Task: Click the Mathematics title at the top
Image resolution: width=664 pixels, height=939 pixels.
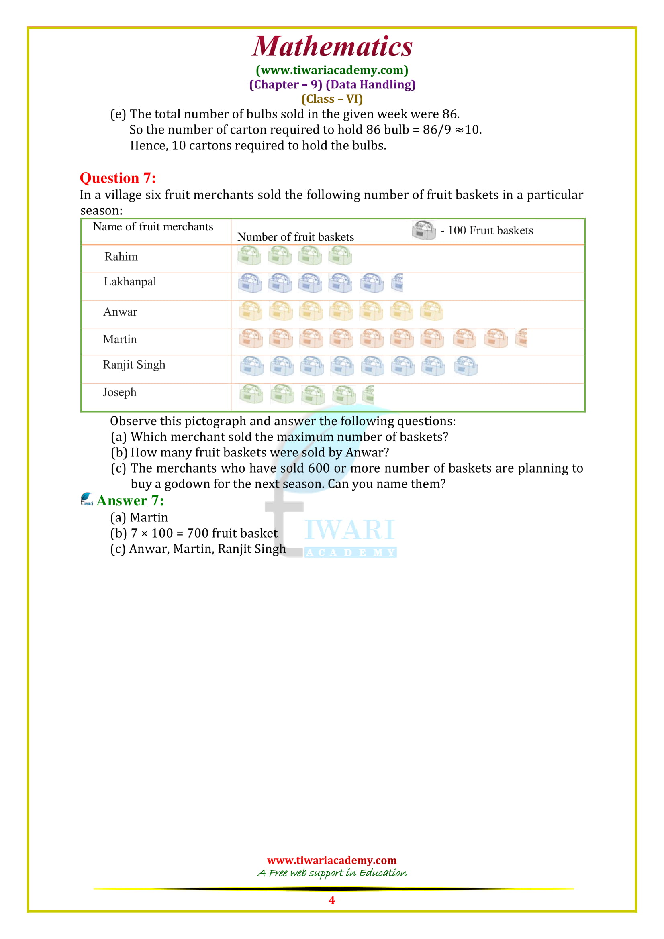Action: coord(332,46)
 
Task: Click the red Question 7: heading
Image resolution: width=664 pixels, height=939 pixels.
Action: coord(118,178)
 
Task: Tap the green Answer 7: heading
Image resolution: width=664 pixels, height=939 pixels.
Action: coord(130,500)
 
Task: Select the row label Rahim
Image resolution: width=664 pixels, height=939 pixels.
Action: coord(121,257)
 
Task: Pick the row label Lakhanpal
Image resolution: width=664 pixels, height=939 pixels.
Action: coord(130,281)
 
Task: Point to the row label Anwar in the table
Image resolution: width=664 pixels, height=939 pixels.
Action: coord(120,312)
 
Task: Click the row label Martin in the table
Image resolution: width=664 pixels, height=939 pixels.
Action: coord(119,339)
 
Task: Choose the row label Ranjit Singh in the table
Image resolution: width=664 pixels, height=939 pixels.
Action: coord(134,365)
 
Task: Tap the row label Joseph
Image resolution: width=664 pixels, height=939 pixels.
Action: coord(119,392)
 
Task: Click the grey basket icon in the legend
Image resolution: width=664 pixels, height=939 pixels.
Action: coord(423,230)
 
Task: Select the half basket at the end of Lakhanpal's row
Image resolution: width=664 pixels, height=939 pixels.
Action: coord(397,283)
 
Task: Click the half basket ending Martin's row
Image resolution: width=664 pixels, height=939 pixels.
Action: coord(522,338)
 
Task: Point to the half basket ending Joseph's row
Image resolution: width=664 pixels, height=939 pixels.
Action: coord(369,395)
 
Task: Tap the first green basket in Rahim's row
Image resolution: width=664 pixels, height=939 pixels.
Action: coord(249,256)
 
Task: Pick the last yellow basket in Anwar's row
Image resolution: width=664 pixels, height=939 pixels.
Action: coord(432,311)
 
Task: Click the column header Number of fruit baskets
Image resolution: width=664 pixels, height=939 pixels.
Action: coord(295,237)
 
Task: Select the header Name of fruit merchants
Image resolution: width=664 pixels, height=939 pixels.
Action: coord(153,226)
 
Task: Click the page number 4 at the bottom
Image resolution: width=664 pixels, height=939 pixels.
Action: coord(332,900)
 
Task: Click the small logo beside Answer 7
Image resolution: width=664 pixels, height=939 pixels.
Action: coord(87,499)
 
